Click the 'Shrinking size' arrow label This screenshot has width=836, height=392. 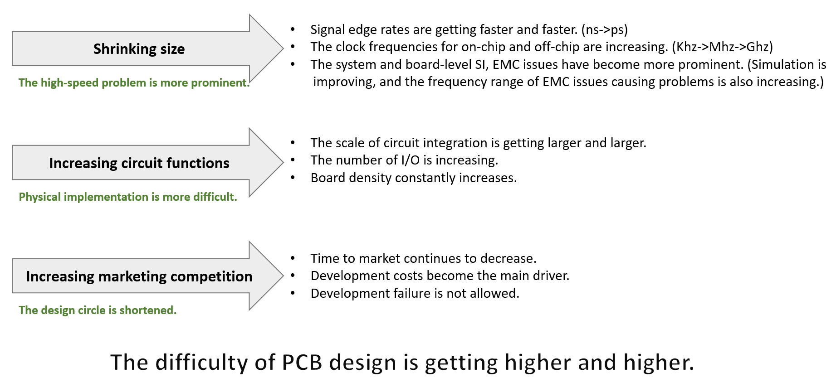(x=139, y=49)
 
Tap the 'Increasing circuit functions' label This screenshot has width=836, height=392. (x=139, y=163)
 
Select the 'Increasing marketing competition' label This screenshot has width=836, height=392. (x=139, y=276)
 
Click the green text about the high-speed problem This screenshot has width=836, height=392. (x=134, y=83)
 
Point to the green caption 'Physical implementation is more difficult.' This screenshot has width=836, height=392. (x=128, y=197)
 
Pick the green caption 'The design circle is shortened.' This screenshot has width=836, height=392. (x=98, y=310)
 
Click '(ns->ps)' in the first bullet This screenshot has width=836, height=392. (x=604, y=30)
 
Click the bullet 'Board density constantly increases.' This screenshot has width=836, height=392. (x=414, y=178)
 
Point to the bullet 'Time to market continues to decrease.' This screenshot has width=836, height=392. (x=424, y=258)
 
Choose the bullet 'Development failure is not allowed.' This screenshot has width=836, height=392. (x=415, y=294)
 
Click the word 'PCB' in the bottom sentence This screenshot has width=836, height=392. (x=302, y=363)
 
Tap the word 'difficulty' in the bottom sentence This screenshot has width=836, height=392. (x=201, y=363)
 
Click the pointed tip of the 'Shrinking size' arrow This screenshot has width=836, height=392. (x=283, y=48)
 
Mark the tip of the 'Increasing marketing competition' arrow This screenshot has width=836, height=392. (x=283, y=276)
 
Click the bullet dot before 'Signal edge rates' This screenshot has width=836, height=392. (x=293, y=30)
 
